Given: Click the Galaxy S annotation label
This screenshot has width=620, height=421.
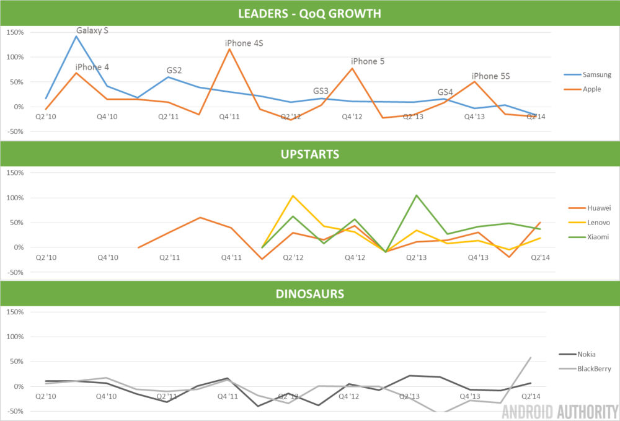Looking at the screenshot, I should pos(92,30).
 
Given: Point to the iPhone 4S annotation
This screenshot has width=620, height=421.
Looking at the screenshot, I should pos(244,43).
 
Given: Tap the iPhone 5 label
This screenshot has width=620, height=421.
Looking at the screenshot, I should pos(368,61).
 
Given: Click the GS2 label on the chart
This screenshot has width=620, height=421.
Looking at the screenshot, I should pos(174,71).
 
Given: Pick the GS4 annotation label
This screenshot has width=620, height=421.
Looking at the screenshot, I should pos(445,92).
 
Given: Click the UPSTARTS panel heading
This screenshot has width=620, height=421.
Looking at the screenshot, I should pos(310,154).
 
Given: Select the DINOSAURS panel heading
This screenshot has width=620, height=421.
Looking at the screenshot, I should pos(310,293).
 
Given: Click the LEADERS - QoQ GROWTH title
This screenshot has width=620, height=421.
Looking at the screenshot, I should pos(310,13).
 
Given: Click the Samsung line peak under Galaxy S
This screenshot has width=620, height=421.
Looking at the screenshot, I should pos(76,36).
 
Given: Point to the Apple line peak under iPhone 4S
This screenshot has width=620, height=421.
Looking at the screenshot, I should pos(229,49).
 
